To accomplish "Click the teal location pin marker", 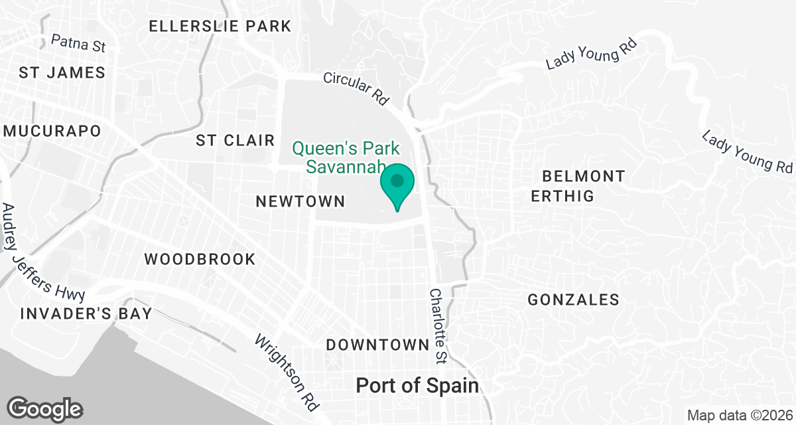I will [397, 185].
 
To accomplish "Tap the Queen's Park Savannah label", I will [346, 156].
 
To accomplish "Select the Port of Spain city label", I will [417, 386].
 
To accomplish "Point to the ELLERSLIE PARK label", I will [220, 27].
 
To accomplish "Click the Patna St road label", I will [78, 44].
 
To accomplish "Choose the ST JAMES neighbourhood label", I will [62, 72].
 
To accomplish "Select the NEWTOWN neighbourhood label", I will [300, 201].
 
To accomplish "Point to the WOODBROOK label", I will [200, 259].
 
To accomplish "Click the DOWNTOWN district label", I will [377, 345].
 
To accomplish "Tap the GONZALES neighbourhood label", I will [573, 300].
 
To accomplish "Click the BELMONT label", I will [583, 177].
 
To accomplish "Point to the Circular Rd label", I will [356, 88].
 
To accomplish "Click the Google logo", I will [44, 408].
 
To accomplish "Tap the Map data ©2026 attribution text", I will [740, 416].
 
